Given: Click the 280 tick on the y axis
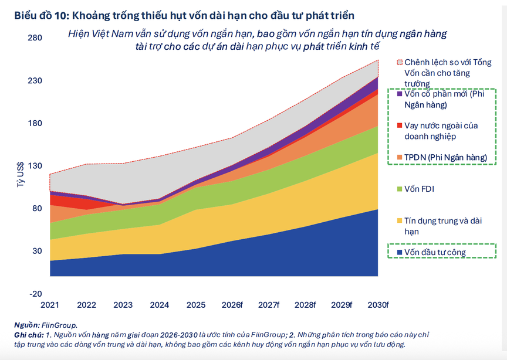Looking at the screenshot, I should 36,38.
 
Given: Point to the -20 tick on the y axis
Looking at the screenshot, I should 36,294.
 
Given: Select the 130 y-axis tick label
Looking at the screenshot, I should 36,166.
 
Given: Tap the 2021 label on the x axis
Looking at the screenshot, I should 50,305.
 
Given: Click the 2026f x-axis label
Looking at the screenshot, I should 232,305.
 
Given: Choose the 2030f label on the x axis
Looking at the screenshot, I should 378,305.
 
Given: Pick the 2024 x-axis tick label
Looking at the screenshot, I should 160,305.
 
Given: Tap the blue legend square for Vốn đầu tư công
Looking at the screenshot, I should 400,253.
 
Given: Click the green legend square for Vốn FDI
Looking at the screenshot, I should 400,189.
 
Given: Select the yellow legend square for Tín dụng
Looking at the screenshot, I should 400,221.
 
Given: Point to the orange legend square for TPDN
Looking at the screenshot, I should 400,158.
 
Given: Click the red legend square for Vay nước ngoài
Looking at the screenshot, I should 400,125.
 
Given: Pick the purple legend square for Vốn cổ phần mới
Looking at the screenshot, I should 400,94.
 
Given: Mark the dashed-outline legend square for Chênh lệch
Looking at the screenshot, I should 400,62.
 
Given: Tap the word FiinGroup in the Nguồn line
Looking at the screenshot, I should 59,325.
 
